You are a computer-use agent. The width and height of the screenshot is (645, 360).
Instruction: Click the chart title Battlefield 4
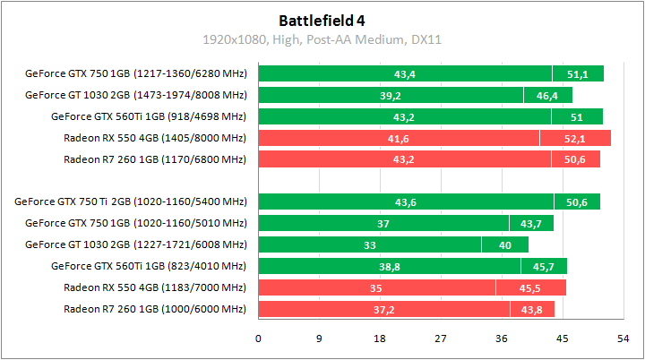coord(322,20)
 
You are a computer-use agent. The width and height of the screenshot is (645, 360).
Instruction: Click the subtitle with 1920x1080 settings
coord(322,40)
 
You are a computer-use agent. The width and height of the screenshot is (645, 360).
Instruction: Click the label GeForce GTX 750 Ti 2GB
coord(131,202)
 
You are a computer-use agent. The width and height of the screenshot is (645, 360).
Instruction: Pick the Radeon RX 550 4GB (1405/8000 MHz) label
coord(155,138)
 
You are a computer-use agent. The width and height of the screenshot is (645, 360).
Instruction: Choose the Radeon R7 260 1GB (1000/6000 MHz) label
coord(155,309)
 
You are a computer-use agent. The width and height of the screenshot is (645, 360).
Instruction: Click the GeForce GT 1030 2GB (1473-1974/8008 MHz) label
coord(135,95)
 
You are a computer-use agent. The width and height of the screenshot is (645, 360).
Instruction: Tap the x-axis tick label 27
coord(440,339)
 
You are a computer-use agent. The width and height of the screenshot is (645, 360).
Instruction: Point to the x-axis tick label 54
coord(622,339)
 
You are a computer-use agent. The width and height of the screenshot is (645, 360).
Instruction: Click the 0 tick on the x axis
coord(259,339)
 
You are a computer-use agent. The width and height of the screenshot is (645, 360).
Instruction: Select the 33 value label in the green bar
coord(369,244)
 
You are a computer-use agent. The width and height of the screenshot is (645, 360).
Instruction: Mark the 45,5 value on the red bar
coord(531,287)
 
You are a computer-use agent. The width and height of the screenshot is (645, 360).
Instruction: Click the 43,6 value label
coord(405,202)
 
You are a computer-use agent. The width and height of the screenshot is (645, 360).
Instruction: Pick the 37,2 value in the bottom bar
coord(383,309)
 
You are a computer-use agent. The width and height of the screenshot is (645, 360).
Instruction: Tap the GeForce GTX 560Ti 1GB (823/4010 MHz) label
coord(149,266)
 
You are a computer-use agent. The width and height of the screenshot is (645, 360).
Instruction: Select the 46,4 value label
coord(547,95)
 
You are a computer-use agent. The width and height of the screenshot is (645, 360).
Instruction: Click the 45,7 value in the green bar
coord(544,266)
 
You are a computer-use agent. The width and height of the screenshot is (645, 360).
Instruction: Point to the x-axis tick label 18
coord(379,339)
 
